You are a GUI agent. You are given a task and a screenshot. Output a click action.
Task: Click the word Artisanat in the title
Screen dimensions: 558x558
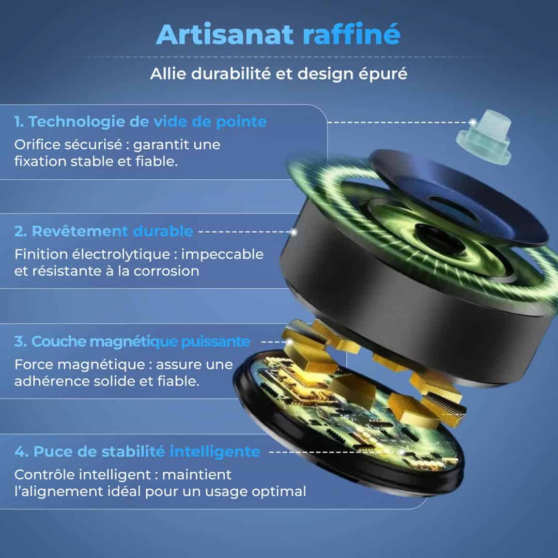[225, 35]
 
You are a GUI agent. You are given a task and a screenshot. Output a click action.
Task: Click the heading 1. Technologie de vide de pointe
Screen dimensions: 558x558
[141, 122]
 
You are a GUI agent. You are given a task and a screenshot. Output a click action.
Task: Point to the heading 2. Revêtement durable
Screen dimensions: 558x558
[103, 231]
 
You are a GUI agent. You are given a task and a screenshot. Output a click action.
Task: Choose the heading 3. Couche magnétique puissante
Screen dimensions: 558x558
[132, 342]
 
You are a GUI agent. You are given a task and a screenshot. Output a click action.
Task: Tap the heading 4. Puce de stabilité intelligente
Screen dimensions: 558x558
[137, 452]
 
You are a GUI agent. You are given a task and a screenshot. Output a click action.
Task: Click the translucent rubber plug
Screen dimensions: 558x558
[485, 136]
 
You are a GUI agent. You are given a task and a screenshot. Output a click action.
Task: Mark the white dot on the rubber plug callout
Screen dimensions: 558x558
[473, 122]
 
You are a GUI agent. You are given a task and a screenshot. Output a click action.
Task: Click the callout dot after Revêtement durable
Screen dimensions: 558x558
[294, 232]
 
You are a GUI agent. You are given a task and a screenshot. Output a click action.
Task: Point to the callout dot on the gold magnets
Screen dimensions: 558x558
[290, 342]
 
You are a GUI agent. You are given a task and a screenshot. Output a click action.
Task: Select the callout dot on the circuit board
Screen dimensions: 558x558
[402, 452]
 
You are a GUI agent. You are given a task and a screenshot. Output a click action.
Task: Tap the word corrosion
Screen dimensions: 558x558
[166, 272]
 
